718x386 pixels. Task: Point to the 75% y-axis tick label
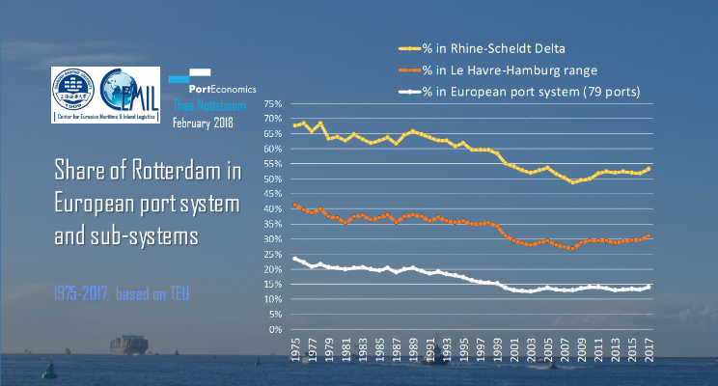tap(271, 103)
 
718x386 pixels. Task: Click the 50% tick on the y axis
tap(271, 179)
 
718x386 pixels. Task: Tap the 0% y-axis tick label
tap(275, 329)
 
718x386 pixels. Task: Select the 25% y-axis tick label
tap(271, 254)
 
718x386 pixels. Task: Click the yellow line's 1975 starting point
tap(294, 125)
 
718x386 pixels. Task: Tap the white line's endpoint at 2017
tap(649, 287)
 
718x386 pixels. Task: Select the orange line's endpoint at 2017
tap(649, 235)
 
